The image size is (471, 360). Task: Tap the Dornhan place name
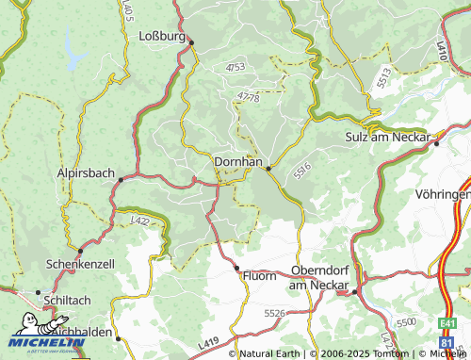tap(238, 161)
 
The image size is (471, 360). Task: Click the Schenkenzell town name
tap(80, 265)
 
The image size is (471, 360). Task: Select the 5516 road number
tap(301, 174)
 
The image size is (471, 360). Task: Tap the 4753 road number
tap(235, 67)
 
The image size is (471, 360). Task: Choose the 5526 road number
tap(274, 312)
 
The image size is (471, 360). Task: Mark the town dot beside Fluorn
tap(236, 269)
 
